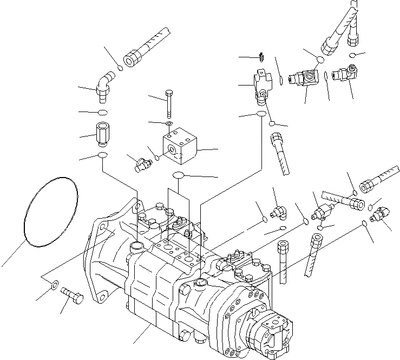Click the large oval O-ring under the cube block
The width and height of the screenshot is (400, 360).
pyautogui.click(x=180, y=175)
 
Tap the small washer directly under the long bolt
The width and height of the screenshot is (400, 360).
pyautogui.click(x=170, y=124)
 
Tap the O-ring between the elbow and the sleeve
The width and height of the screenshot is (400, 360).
pyautogui.click(x=102, y=112)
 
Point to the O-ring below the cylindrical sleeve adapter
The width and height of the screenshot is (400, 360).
pyautogui.click(x=102, y=156)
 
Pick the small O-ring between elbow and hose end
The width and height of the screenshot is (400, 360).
pyautogui.click(x=120, y=68)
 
